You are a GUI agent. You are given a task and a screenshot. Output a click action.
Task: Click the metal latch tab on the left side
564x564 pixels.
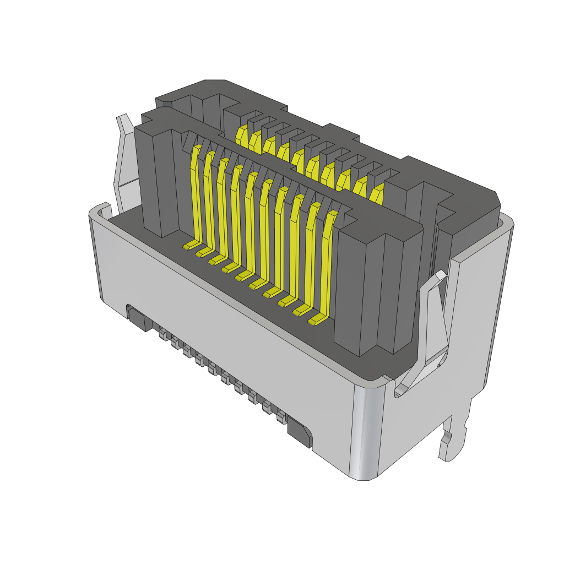tap(124, 160)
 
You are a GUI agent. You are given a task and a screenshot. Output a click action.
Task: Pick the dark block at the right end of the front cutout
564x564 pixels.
tap(299, 431)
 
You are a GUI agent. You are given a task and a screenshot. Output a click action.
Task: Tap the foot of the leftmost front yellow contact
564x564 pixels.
tap(191, 245)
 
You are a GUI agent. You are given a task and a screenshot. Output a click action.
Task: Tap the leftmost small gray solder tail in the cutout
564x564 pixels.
tap(162, 334)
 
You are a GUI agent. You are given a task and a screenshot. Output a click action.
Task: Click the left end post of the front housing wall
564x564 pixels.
tap(157, 182)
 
